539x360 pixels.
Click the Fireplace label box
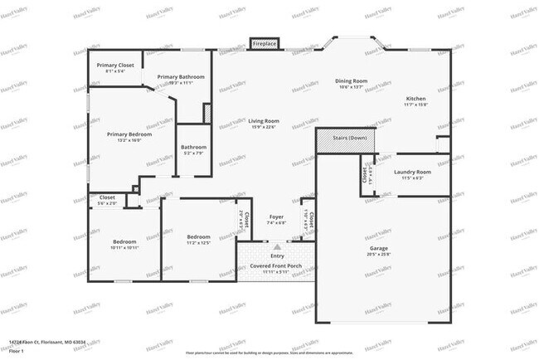pyautogui.click(x=265, y=43)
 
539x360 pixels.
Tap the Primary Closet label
pyautogui.click(x=114, y=66)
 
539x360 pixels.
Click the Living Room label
pyautogui.click(x=264, y=122)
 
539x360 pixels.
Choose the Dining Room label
pyautogui.click(x=351, y=82)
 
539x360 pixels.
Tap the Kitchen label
pyautogui.click(x=415, y=99)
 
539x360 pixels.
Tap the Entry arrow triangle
pyautogui.click(x=277, y=246)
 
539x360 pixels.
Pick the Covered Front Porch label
pyautogui.click(x=276, y=266)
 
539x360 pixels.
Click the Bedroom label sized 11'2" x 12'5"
pyautogui.click(x=198, y=237)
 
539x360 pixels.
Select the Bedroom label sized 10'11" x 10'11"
pyautogui.click(x=125, y=242)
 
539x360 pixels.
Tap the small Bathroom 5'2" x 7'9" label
pyautogui.click(x=193, y=148)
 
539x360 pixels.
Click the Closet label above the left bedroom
pyautogui.click(x=107, y=198)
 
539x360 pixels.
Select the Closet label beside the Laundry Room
pyautogui.click(x=365, y=174)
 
